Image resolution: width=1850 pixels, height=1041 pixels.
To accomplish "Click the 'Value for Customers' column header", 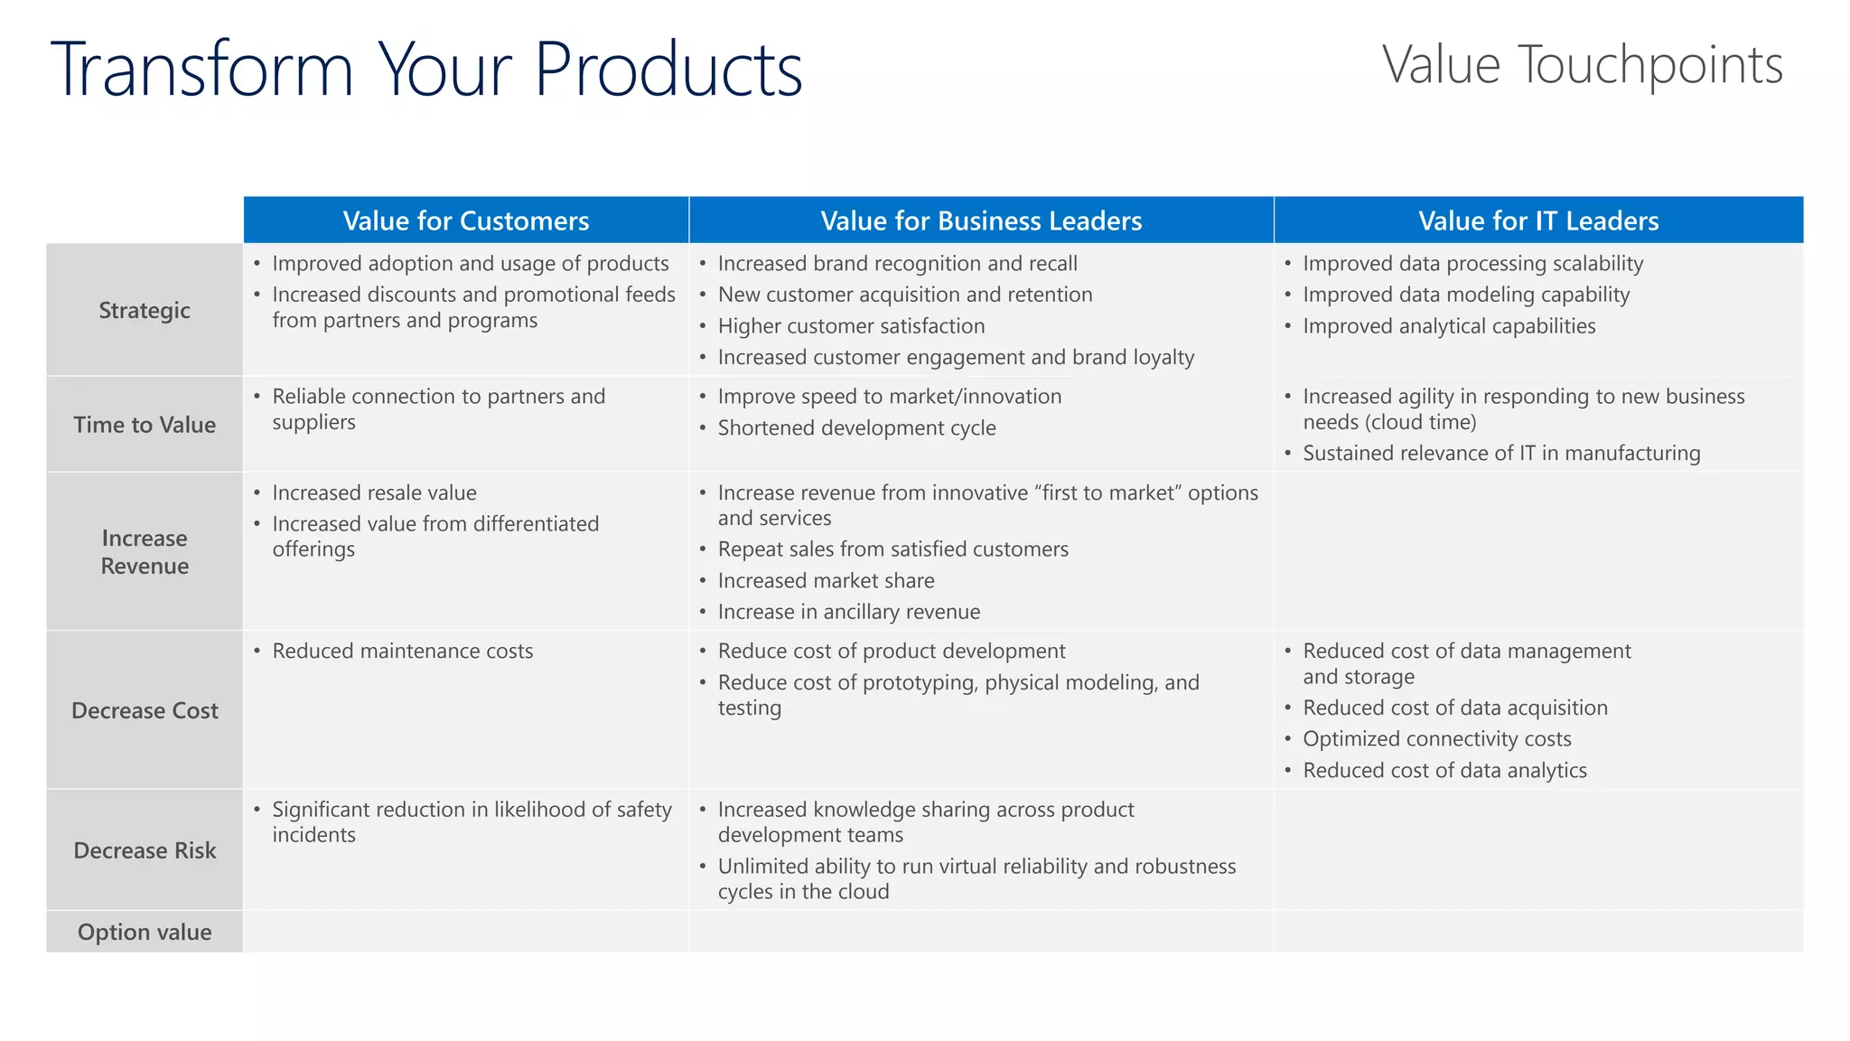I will tap(465, 220).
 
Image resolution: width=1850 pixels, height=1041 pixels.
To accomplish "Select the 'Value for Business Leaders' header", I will tap(981, 220).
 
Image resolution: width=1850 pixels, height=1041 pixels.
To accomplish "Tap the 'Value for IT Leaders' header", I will tap(1538, 220).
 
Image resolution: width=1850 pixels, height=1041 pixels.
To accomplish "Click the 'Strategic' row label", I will tap(145, 310).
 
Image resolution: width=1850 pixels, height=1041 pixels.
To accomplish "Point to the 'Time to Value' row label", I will tap(145, 425).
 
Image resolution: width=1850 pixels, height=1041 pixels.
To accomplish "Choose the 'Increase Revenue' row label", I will tap(145, 552).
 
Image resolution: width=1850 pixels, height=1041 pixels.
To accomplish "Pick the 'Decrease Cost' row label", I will tap(145, 710).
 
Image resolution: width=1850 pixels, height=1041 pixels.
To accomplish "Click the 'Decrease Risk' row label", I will tap(145, 850).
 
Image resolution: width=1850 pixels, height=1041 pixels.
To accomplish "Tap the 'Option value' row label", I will tap(145, 932).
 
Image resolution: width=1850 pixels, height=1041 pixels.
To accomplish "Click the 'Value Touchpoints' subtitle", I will tap(1582, 65).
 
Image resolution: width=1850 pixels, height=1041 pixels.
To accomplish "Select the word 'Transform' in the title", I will tap(201, 70).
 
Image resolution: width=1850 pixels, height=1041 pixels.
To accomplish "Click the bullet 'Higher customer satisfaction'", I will tap(851, 326).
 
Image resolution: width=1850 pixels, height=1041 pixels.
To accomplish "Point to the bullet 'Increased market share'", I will tap(826, 581).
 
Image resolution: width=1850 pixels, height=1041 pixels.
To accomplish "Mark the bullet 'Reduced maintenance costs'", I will tap(403, 652).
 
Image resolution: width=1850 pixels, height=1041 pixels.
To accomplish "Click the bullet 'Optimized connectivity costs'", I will tap(1436, 739).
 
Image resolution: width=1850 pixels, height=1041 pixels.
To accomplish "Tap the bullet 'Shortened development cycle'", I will tap(856, 428).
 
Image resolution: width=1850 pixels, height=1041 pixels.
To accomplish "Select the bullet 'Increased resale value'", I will tap(374, 493).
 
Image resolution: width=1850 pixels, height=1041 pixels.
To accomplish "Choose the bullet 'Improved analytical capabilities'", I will tap(1449, 326).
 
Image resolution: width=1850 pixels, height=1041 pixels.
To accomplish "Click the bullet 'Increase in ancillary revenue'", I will tap(848, 613).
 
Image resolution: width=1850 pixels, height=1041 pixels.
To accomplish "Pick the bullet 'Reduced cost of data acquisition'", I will tap(1454, 708).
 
